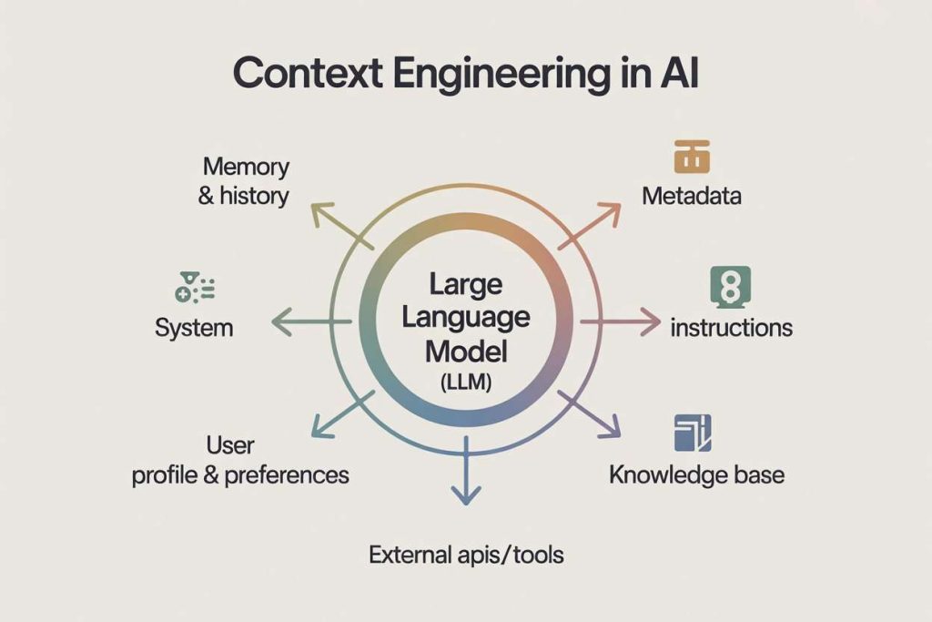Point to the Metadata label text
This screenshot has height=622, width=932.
(x=691, y=195)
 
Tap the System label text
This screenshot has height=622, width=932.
(x=194, y=327)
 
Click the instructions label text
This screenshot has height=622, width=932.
(x=731, y=326)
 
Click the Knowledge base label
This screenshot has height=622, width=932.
(x=696, y=474)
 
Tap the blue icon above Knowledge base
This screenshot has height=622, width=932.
(x=692, y=433)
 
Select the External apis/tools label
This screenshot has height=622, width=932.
(x=466, y=554)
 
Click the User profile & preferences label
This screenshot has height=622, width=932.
(x=240, y=461)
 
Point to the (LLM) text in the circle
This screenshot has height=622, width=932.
(x=465, y=383)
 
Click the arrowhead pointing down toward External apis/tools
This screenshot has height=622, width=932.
(x=466, y=496)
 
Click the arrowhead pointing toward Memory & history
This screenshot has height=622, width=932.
(x=319, y=212)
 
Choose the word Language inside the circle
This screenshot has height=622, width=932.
(x=465, y=318)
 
